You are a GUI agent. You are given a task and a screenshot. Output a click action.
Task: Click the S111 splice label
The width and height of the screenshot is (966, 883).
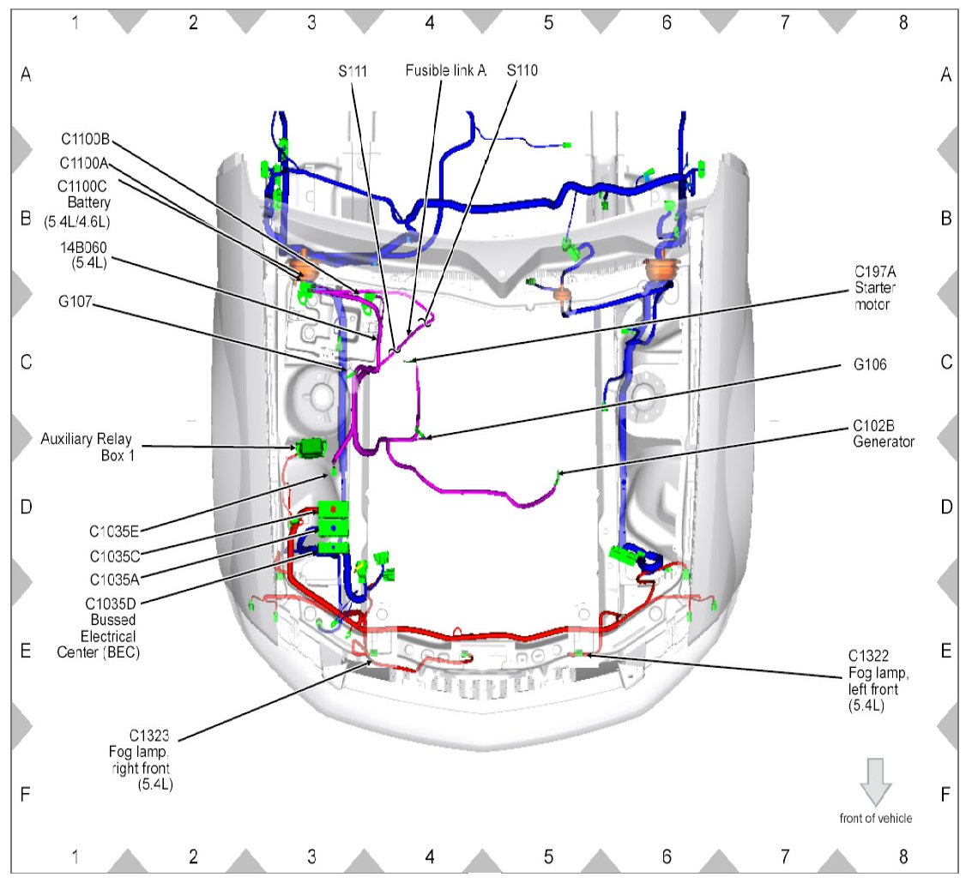[x=352, y=72]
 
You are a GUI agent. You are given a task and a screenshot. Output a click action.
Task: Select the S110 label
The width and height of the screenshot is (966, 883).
[x=522, y=72]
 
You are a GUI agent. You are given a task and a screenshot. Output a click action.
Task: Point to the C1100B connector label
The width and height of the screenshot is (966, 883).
[x=90, y=140]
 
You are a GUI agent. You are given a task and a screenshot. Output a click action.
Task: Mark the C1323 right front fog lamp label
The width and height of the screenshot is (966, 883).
[x=147, y=759]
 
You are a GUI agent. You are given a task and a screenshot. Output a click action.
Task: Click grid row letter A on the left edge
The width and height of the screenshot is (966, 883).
[x=26, y=75]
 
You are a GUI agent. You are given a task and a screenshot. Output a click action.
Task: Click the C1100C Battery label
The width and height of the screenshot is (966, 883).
[x=84, y=203]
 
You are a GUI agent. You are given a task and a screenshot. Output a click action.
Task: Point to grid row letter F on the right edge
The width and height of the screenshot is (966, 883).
[x=945, y=794]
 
